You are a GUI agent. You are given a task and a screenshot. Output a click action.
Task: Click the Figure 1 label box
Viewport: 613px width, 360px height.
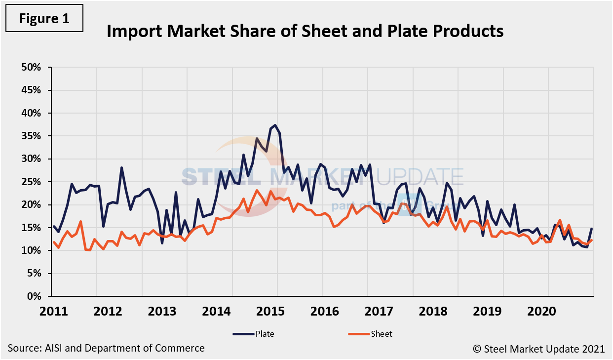(44, 18)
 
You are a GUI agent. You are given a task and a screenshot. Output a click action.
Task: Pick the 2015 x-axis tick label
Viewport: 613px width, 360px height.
(276, 312)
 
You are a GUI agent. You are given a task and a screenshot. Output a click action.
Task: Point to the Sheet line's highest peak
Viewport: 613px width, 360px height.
(257, 190)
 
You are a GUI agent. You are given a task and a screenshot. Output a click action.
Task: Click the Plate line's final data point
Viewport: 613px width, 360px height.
(591, 229)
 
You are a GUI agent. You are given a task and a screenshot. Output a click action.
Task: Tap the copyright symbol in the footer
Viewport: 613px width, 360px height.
(476, 349)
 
